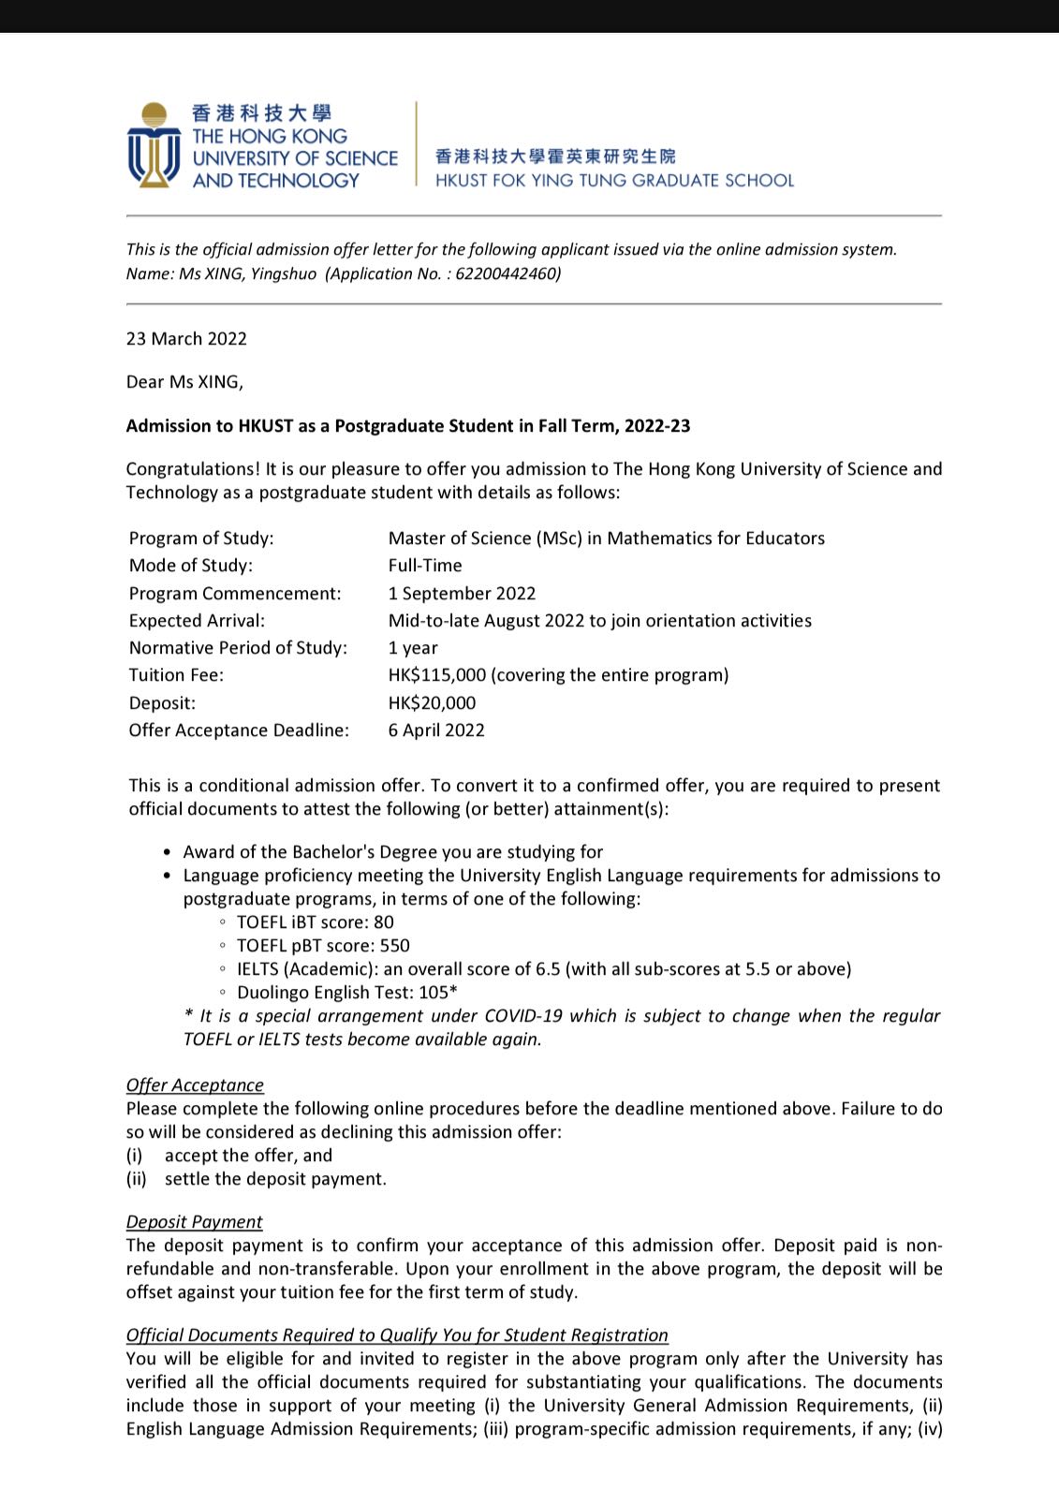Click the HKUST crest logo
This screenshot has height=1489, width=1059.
coord(154,145)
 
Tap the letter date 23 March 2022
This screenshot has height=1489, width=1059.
coord(186,339)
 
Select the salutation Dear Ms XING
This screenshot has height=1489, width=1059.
coord(184,382)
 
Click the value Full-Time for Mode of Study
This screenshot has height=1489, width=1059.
coord(425,566)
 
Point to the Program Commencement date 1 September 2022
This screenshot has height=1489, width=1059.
coord(462,594)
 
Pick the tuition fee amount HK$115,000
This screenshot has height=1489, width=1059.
coord(436,675)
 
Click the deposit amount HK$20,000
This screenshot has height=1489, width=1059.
coord(432,703)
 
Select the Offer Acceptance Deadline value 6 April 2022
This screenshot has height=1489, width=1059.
coord(436,730)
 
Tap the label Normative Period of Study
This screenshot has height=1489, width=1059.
coord(238,648)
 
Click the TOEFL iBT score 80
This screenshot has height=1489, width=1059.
coord(384,922)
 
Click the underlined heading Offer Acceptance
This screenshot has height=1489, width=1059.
coord(195,1085)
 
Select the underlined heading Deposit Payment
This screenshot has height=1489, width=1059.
coord(194,1222)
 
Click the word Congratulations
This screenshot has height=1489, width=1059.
coord(192,469)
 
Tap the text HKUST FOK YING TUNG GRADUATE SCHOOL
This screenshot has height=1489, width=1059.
coord(614,181)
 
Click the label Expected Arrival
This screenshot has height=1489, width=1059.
coord(197,621)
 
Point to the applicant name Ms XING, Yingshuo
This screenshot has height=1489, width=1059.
coord(248,273)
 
